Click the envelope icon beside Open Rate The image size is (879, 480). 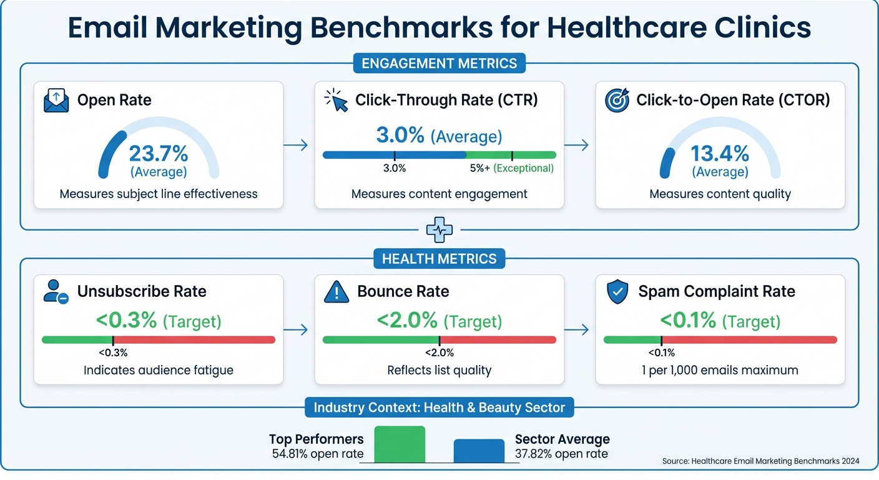(56, 101)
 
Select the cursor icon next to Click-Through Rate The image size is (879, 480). (336, 101)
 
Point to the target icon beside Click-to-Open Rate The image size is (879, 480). (617, 101)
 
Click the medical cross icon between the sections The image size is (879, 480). (439, 230)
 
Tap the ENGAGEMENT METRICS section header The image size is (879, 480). (439, 63)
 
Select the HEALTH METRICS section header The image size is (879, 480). (439, 259)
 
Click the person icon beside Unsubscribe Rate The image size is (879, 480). (56, 292)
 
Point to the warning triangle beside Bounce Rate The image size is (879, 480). (336, 292)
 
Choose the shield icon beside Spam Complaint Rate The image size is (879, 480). (617, 292)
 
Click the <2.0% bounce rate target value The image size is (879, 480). (407, 321)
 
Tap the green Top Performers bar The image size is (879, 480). (400, 444)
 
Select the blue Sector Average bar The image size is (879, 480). (479, 451)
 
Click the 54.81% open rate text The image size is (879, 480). (317, 454)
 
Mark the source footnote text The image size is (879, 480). (760, 461)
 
